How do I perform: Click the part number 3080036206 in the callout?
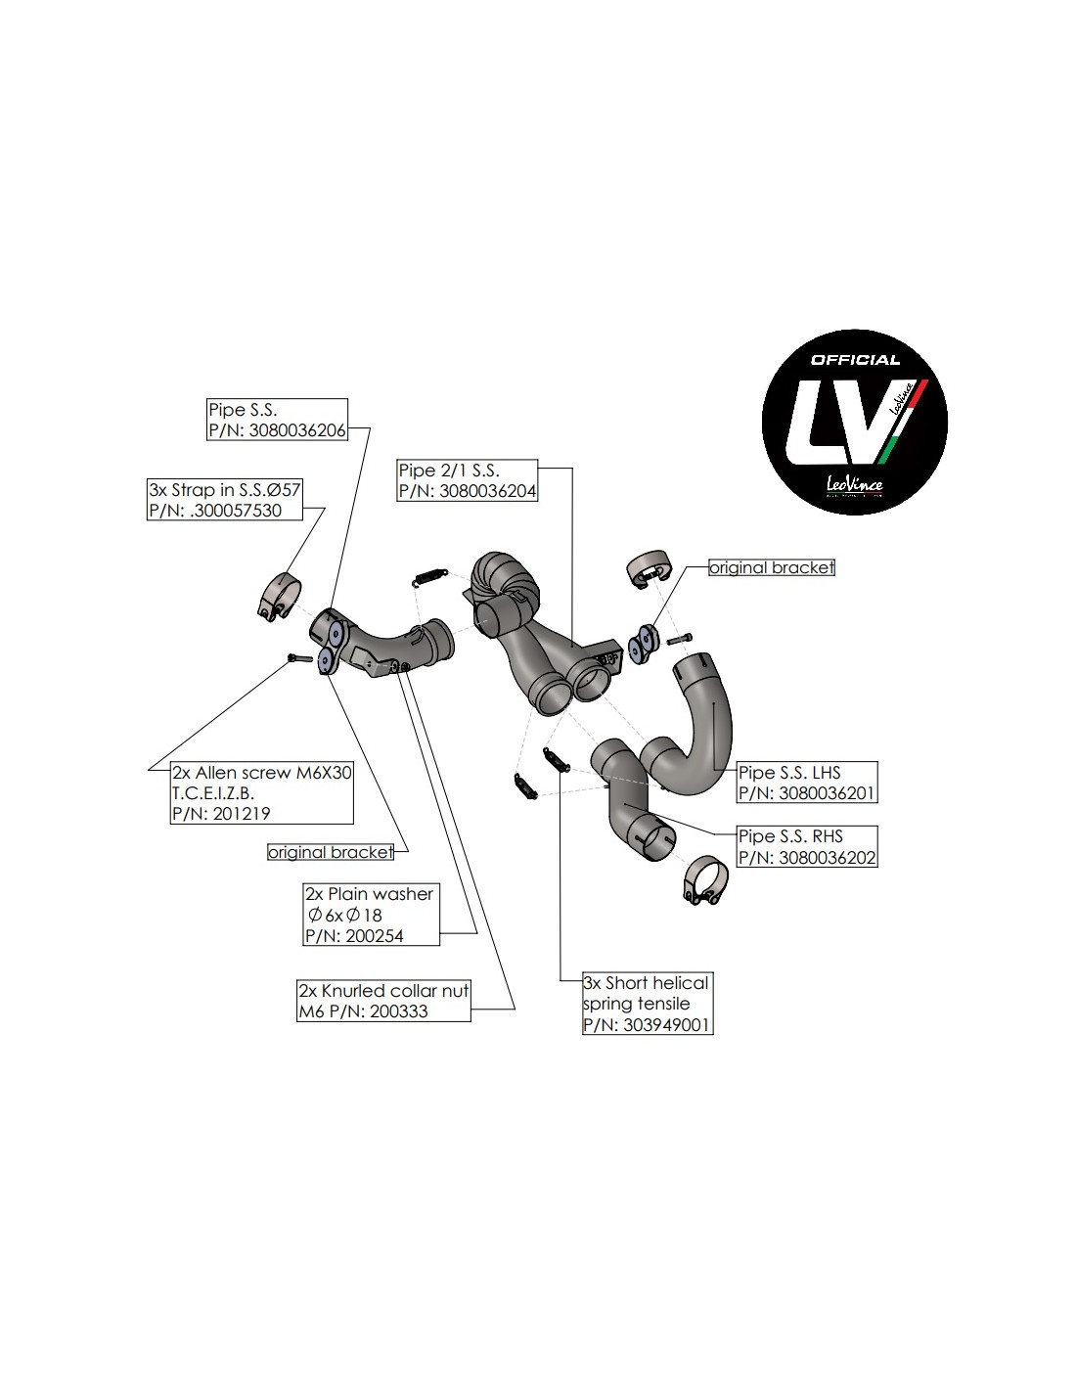[297, 430]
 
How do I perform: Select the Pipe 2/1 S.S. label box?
[468, 480]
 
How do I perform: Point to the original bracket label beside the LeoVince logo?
[772, 567]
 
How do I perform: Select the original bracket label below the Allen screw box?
[331, 852]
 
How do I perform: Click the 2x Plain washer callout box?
[371, 915]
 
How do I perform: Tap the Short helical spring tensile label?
[647, 993]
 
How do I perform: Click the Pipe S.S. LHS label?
[789, 772]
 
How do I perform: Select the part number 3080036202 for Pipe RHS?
[827, 858]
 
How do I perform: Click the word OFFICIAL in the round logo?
[855, 360]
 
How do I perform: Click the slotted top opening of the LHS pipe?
[696, 668]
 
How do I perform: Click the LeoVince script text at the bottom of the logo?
[853, 484]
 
